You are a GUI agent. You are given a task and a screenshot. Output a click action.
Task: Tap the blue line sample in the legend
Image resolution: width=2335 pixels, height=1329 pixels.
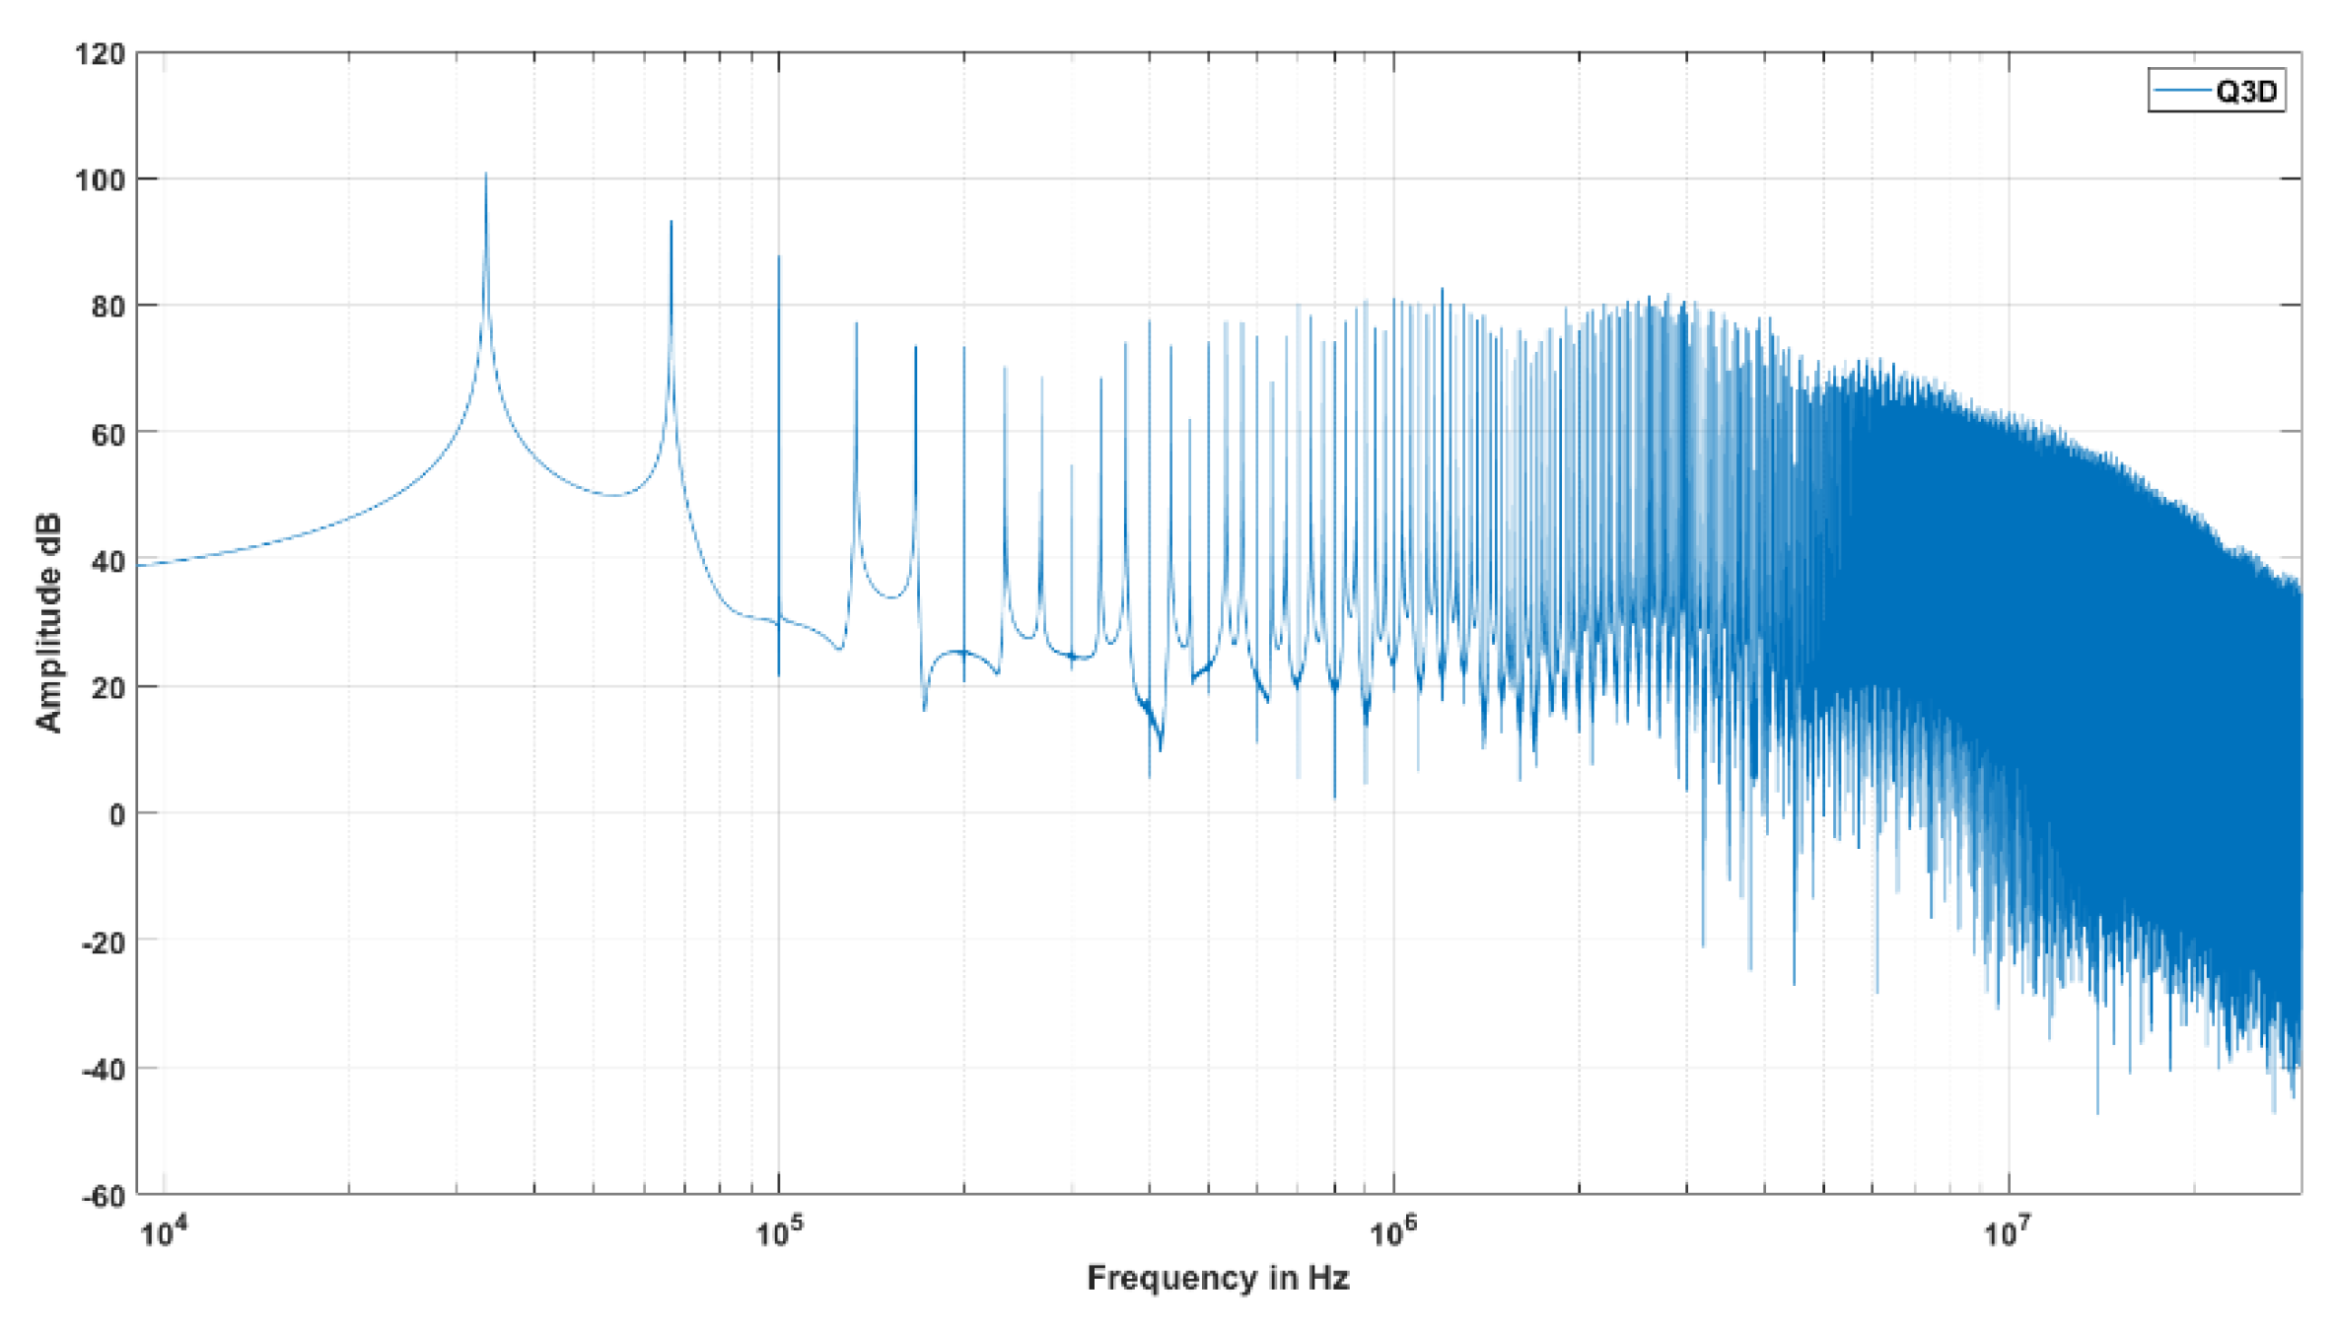(2181, 92)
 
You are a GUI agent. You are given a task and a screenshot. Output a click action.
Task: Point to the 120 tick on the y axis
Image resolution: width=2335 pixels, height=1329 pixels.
(101, 53)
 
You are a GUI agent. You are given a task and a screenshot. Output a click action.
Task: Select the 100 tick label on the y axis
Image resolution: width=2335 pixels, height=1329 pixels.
(101, 180)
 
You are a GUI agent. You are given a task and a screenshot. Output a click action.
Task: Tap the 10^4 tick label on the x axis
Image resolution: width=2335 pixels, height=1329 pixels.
(164, 1231)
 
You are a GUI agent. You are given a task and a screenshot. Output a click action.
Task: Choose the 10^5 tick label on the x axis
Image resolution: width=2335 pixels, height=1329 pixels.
(779, 1231)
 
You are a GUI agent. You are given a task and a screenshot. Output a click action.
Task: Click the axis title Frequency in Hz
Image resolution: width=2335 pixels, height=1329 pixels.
(1218, 1278)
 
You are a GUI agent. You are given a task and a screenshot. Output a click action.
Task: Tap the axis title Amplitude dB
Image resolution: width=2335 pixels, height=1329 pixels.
(48, 622)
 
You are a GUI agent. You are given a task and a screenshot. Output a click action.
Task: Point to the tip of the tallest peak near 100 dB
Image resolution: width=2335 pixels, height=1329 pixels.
(485, 175)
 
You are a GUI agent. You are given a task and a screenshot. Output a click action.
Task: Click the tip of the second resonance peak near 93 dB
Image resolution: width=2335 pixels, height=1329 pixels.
(672, 222)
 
